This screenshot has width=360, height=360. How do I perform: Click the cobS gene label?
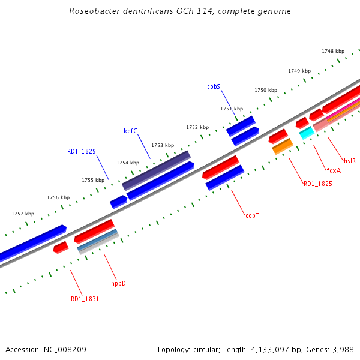click(x=214, y=86)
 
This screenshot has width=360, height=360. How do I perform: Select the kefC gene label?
click(x=130, y=131)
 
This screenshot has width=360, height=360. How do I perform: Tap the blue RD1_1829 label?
click(x=82, y=152)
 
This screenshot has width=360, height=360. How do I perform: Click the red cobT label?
click(x=252, y=215)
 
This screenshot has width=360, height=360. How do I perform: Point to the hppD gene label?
click(x=118, y=283)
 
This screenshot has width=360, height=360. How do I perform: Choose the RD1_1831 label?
click(x=85, y=299)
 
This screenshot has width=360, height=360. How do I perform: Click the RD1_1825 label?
click(x=317, y=184)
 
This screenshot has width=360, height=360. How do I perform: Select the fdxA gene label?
click(x=334, y=170)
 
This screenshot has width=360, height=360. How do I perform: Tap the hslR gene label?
click(x=350, y=161)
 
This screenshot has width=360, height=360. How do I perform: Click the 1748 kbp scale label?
click(x=333, y=51)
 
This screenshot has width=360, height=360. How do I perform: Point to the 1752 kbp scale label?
click(x=197, y=127)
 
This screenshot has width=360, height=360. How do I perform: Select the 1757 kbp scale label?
click(x=23, y=214)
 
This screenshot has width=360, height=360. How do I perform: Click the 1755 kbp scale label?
click(x=93, y=180)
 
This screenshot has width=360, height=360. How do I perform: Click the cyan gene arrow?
click(x=306, y=133)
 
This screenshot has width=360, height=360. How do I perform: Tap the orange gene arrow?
click(x=283, y=146)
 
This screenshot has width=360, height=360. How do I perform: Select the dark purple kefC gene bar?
click(x=157, y=170)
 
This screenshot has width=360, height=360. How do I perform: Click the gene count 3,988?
click(x=343, y=349)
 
